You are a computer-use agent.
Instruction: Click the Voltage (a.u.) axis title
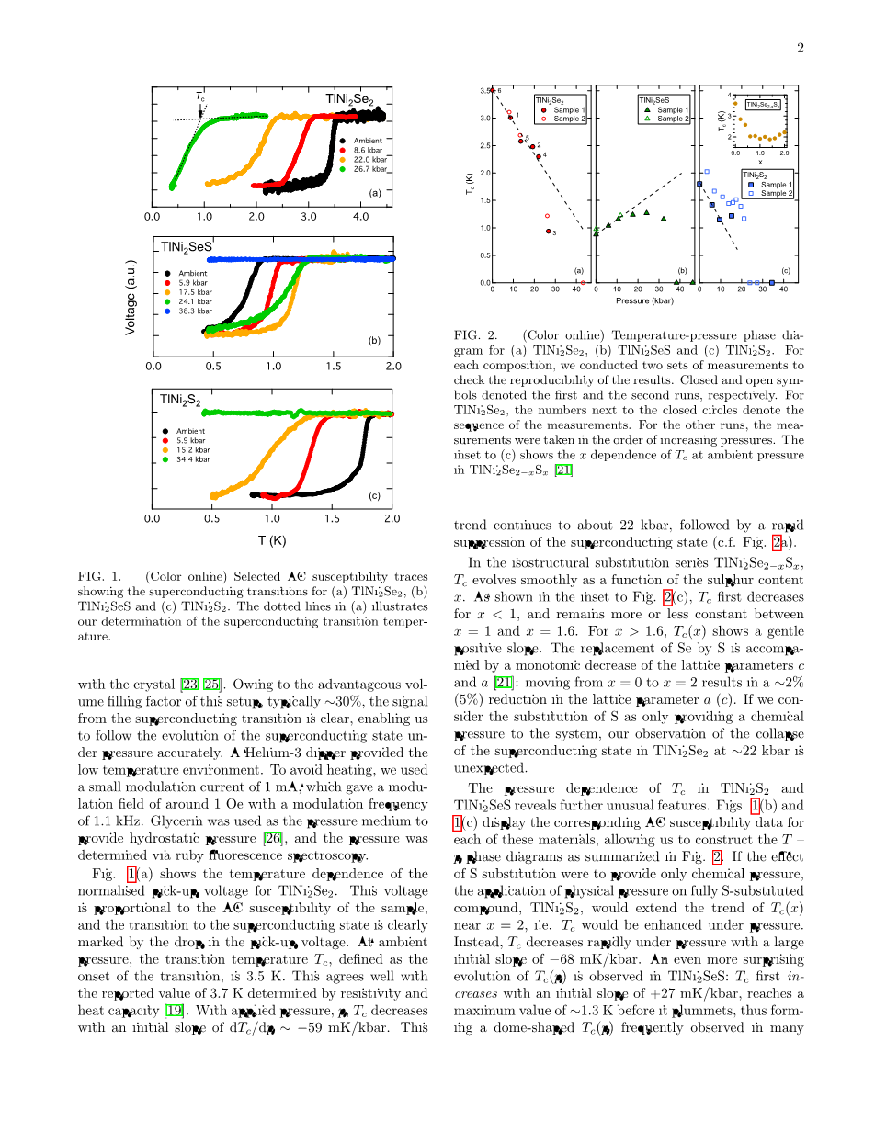pos(131,297)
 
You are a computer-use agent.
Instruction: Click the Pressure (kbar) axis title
pos(645,300)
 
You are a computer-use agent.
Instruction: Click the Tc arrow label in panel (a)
pos(199,96)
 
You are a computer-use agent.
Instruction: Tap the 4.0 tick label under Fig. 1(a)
pos(359,217)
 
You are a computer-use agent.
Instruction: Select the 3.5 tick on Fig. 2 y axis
pos(485,90)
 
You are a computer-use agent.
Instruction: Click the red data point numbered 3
pos(548,232)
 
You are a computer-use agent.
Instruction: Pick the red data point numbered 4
pos(539,157)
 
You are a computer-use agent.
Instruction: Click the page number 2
pos(800,48)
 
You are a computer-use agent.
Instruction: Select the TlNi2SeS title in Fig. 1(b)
pos(186,247)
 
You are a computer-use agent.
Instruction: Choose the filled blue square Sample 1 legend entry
pos(768,185)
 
